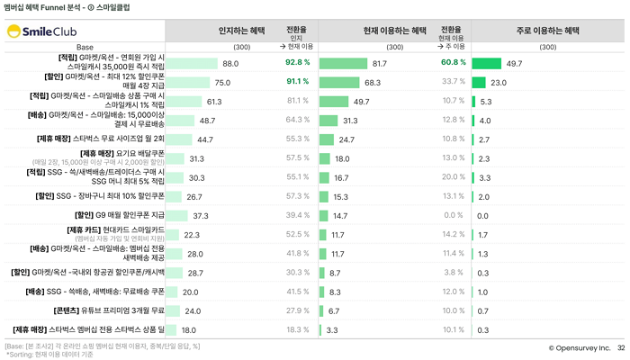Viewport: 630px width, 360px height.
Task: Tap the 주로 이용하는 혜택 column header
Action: (547, 31)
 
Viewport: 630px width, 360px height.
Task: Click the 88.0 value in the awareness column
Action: (230, 64)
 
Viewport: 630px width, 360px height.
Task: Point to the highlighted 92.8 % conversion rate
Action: (298, 63)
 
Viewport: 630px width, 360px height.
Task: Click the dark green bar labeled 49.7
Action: (486, 64)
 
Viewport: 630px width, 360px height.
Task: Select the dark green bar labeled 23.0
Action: (478, 83)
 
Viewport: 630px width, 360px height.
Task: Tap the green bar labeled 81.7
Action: (343, 64)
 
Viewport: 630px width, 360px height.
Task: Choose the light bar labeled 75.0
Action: (187, 83)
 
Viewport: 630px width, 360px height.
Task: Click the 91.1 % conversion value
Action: (298, 82)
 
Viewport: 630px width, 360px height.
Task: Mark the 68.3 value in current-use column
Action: (373, 83)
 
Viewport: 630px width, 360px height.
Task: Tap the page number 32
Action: (619, 347)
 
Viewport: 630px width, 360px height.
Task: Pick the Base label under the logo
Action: (85, 46)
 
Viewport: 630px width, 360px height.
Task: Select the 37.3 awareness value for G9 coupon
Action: (200, 216)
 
